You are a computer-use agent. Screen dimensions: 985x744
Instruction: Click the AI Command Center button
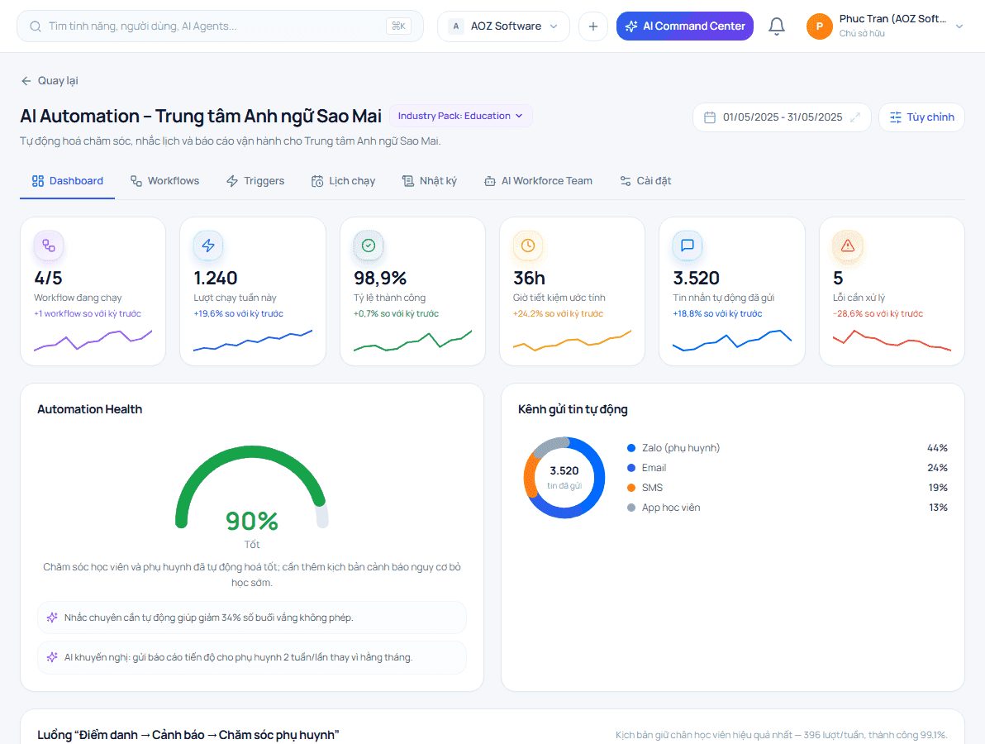[685, 26]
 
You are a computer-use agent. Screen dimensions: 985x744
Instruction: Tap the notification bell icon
[777, 26]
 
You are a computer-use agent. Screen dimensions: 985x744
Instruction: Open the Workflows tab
[164, 181]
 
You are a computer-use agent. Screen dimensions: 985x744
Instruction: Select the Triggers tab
[255, 181]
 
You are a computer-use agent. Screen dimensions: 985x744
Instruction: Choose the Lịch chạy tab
[343, 181]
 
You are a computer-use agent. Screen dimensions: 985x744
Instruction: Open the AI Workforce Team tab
[538, 181]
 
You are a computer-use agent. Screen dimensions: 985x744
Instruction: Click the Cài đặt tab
[645, 181]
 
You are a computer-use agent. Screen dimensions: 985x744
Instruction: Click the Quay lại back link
[50, 80]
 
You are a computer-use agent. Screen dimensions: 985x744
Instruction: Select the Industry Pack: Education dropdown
[461, 116]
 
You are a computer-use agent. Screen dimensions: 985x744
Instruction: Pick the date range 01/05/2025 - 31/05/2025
[782, 117]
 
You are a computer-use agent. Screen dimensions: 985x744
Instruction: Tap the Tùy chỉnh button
[921, 117]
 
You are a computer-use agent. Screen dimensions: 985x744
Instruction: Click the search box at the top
[220, 26]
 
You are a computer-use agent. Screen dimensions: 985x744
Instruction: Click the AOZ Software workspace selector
[503, 26]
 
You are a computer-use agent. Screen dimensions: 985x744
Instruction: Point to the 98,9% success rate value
[380, 278]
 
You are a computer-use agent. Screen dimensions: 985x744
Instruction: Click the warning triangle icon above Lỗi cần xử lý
[848, 246]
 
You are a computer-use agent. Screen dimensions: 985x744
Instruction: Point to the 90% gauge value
[252, 521]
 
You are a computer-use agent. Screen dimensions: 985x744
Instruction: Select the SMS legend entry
[645, 488]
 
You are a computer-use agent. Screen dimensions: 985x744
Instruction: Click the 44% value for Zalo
[937, 448]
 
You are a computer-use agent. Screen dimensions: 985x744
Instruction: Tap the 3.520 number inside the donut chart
[564, 470]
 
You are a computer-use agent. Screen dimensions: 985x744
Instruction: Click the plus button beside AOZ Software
[593, 26]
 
